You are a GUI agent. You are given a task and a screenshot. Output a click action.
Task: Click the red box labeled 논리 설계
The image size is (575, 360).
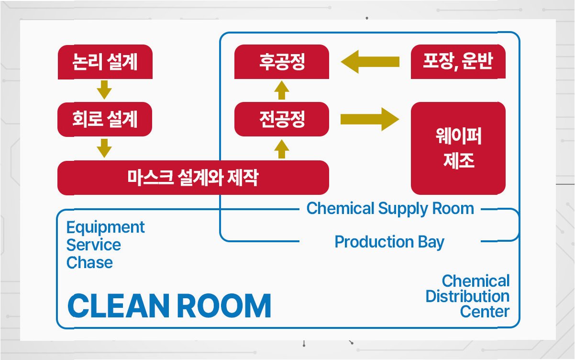click(105, 62)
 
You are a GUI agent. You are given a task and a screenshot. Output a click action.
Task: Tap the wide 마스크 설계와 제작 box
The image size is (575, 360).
click(193, 178)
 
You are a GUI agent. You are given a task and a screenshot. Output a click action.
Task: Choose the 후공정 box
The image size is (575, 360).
click(282, 62)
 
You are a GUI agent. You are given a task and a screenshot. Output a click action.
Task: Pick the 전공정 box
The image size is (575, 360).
click(282, 119)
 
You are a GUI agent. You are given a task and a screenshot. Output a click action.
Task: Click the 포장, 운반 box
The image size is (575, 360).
click(458, 62)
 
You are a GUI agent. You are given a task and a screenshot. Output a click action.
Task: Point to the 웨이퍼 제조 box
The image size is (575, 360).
click(458, 148)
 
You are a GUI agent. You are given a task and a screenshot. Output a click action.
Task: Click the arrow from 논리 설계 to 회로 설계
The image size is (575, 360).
click(104, 90)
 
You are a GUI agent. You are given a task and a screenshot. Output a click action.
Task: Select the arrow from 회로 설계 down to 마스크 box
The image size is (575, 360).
click(104, 147)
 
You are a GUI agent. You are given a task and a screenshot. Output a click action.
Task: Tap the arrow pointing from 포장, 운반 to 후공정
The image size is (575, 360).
click(370, 62)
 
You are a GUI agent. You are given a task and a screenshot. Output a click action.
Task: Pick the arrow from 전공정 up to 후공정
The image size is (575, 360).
click(282, 90)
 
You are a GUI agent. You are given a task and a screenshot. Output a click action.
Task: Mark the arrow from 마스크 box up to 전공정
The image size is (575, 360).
click(282, 148)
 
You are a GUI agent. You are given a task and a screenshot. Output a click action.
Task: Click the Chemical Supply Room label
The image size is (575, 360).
click(390, 209)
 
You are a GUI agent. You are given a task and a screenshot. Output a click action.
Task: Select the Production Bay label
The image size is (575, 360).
click(389, 242)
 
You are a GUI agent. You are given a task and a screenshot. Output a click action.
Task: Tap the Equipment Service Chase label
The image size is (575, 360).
click(105, 245)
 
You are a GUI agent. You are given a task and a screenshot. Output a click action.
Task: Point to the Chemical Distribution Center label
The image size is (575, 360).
click(468, 296)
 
